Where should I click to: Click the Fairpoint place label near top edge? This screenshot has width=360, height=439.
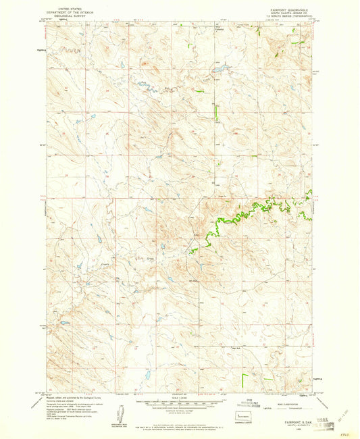[218, 29]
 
